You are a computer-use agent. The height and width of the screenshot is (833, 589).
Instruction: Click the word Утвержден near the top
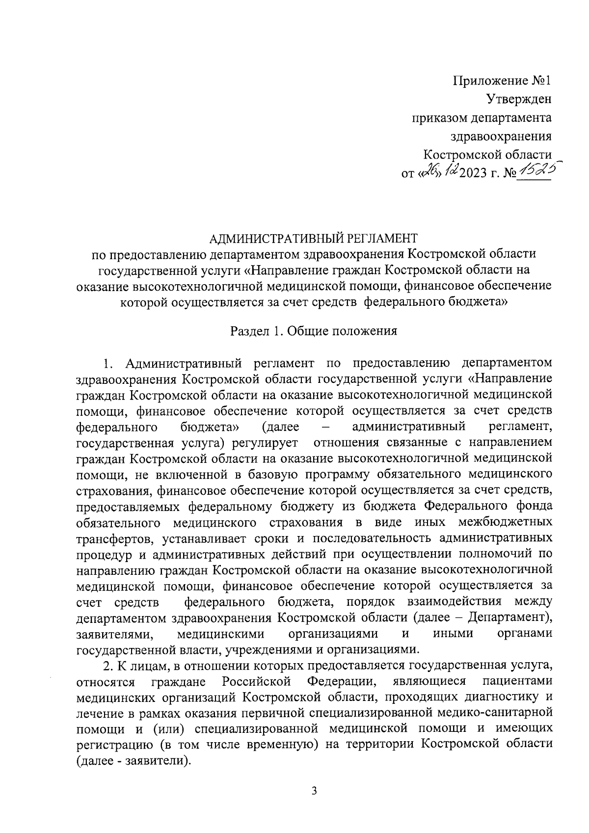(x=519, y=99)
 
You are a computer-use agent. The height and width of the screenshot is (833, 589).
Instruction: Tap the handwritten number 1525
(x=537, y=171)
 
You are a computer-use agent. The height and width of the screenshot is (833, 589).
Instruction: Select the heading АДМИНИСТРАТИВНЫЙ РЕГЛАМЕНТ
(x=314, y=239)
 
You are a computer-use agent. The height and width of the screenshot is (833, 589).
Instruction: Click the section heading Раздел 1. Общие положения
(x=314, y=331)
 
